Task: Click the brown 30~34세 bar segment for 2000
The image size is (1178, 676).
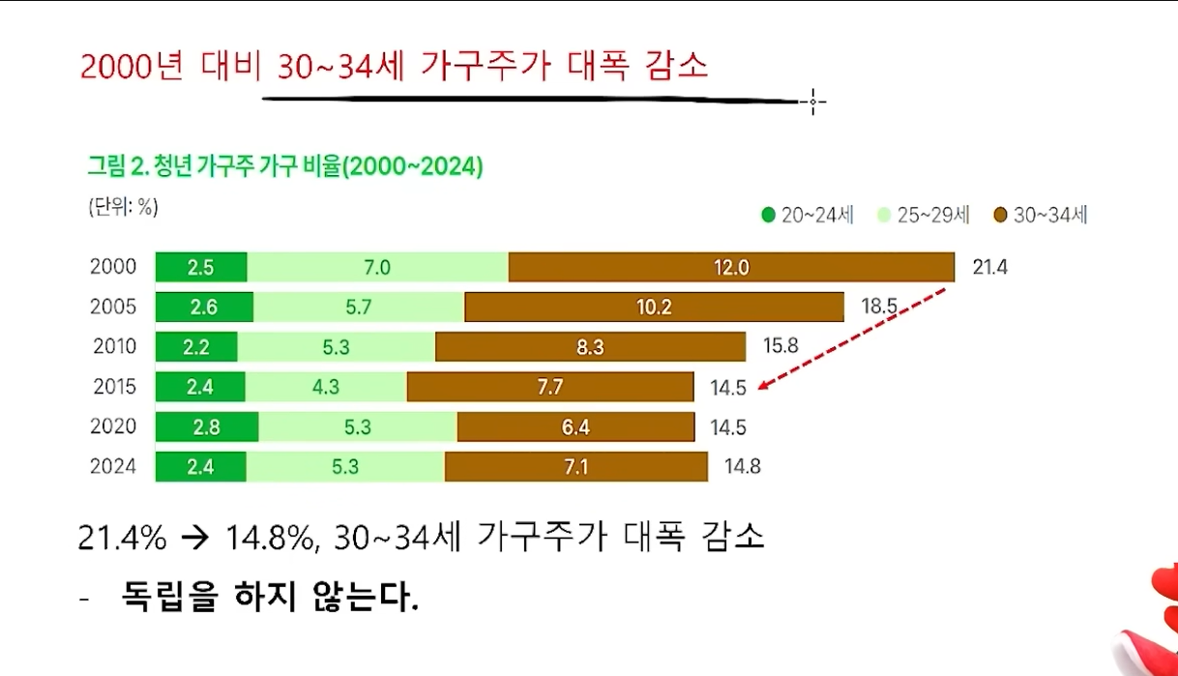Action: pos(731,267)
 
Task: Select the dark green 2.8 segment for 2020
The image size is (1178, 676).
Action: pos(206,426)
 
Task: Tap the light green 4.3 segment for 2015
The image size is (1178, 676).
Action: pos(326,387)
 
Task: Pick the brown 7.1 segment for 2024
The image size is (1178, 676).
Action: pos(575,467)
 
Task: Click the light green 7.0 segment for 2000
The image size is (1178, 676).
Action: pos(377,267)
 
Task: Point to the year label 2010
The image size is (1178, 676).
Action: pos(115,346)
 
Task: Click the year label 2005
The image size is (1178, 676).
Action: pos(113,308)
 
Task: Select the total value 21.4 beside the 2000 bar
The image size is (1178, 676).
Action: pos(989,267)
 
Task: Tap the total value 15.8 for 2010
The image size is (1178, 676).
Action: pos(780,345)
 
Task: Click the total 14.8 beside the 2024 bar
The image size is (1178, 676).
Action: pos(742,467)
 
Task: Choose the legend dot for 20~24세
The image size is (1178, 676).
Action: pos(768,216)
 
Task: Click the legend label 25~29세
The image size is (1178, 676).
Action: pos(933,216)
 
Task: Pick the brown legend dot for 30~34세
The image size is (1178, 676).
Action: pos(1000,216)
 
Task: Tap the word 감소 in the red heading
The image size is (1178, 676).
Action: pos(674,66)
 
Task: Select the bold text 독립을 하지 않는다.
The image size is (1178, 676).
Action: pos(270,596)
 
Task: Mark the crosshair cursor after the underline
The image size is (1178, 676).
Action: pos(812,101)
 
